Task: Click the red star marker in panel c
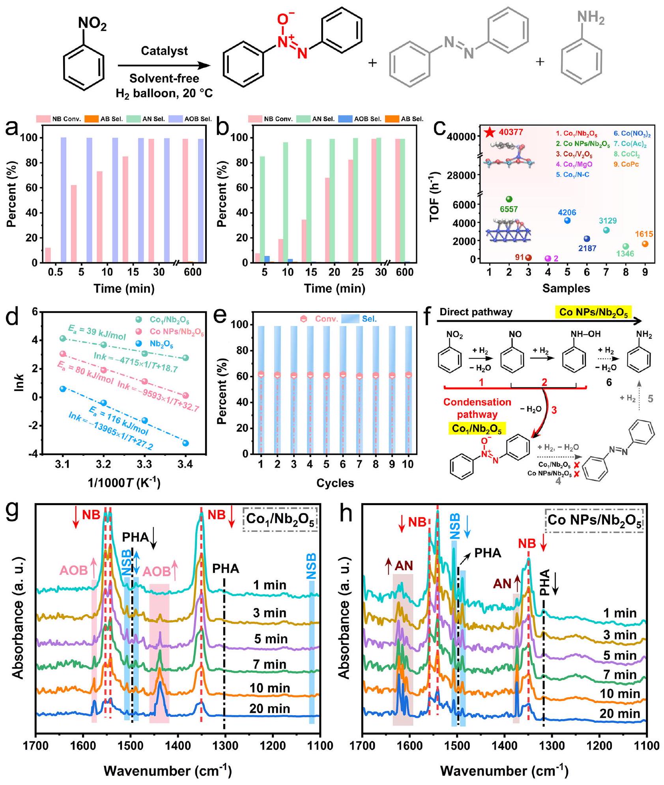tap(490, 132)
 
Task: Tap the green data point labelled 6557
tap(509, 199)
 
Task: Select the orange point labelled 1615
tap(645, 244)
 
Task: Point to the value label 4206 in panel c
tap(567, 213)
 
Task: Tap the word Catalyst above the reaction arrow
tap(164, 51)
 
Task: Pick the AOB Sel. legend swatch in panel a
tap(175, 119)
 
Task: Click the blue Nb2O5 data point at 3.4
tap(185, 443)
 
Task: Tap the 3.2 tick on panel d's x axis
tap(104, 464)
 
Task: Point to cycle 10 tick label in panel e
tap(408, 464)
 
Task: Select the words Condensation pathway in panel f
tap(477, 408)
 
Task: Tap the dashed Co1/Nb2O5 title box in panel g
tap(281, 522)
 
